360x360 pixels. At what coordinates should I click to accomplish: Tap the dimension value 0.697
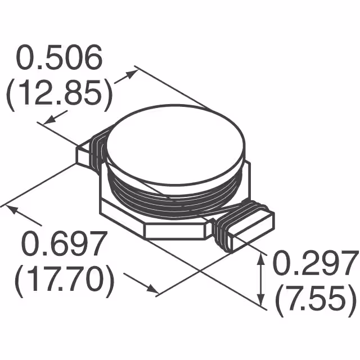[64, 244]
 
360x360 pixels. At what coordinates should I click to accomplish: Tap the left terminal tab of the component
[84, 155]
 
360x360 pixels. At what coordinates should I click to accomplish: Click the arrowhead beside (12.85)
[49, 119]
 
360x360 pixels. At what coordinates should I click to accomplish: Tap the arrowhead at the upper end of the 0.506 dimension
[133, 72]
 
